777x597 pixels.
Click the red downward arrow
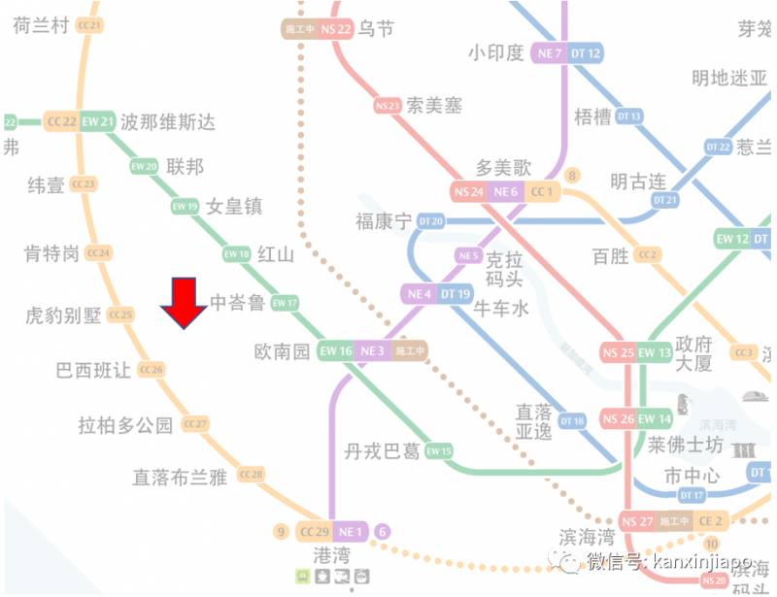(x=184, y=304)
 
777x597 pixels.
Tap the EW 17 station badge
(x=285, y=303)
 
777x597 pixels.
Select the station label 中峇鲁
(x=238, y=303)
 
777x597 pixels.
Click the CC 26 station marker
(x=152, y=370)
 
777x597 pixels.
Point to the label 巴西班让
(x=94, y=370)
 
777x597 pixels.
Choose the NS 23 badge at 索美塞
(x=388, y=105)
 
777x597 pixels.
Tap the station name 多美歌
(x=504, y=167)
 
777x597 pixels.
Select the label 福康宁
(x=384, y=221)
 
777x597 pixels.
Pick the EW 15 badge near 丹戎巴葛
(x=439, y=451)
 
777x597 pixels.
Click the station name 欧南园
(x=282, y=350)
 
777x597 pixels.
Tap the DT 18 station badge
(x=573, y=420)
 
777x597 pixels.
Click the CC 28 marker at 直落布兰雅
(x=251, y=475)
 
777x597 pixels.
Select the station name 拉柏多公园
(x=126, y=424)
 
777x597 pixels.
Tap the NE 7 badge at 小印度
(x=550, y=53)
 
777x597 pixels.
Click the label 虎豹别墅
(x=64, y=315)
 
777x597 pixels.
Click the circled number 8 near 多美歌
(x=573, y=176)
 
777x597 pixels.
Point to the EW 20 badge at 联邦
(x=145, y=166)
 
